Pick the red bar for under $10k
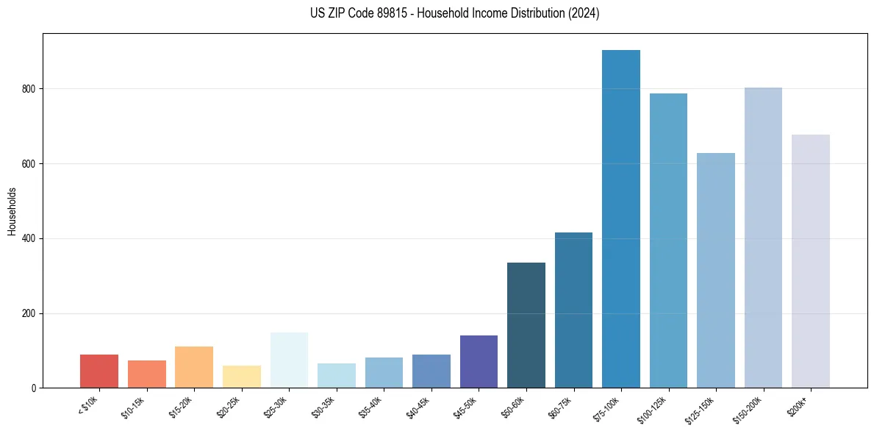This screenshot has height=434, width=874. [x=99, y=371]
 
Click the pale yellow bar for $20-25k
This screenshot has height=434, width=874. [x=242, y=377]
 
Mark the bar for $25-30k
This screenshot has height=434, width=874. [x=289, y=360]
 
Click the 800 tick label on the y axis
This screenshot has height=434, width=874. [x=29, y=89]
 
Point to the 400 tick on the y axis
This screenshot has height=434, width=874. [x=29, y=239]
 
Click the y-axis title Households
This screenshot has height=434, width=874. [x=12, y=211]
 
